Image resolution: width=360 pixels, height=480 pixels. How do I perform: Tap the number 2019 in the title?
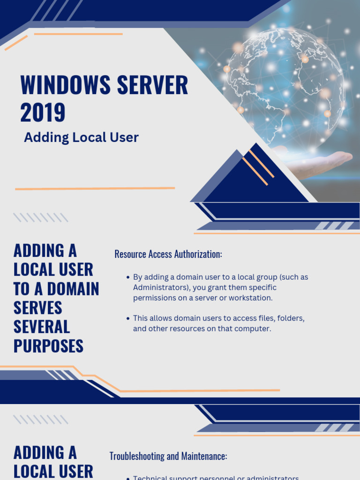(x=43, y=112)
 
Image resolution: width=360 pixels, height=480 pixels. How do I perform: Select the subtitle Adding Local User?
(x=81, y=137)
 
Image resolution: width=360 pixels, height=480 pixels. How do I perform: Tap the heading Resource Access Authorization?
(x=168, y=254)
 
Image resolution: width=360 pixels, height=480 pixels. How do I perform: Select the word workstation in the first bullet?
(x=250, y=298)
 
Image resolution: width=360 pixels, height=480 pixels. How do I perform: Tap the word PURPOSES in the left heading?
(x=48, y=346)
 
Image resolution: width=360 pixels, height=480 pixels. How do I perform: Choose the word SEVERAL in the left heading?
(x=41, y=327)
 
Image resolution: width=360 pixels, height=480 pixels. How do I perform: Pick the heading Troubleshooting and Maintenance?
(x=168, y=456)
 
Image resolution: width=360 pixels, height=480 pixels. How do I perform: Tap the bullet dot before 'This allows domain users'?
(x=128, y=318)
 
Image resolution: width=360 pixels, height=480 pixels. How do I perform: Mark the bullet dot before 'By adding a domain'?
(x=128, y=277)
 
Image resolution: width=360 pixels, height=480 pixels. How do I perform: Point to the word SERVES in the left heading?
(x=38, y=308)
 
